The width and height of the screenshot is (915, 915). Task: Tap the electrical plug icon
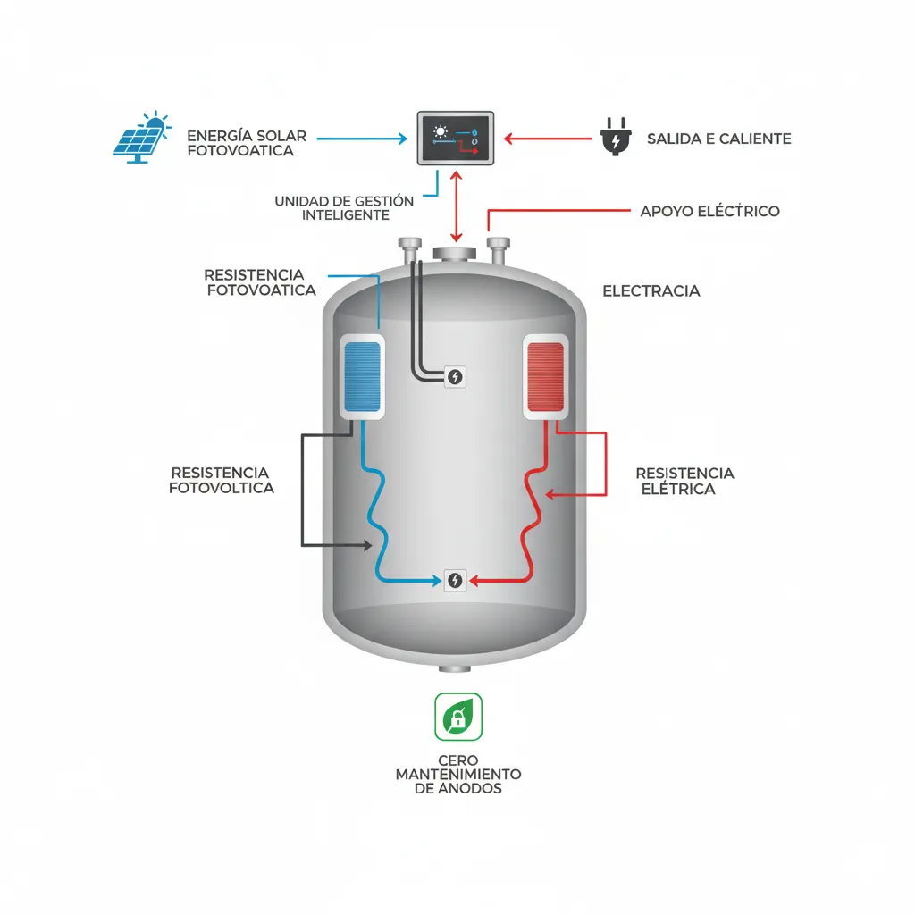click(x=615, y=139)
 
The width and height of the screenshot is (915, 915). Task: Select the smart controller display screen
click(x=456, y=139)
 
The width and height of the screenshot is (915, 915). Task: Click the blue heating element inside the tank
click(x=363, y=377)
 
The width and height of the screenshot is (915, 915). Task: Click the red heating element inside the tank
click(x=545, y=377)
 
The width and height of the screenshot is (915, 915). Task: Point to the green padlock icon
click(x=457, y=717)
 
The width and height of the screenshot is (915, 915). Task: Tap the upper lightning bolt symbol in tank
click(x=455, y=377)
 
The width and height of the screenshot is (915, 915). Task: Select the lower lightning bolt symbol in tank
click(x=455, y=580)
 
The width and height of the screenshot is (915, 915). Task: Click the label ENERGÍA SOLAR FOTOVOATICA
click(x=247, y=143)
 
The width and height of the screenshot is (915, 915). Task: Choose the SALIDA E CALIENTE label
click(x=718, y=139)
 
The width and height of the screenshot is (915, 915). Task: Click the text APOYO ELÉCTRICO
click(x=709, y=212)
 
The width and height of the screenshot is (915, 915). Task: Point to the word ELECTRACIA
click(x=651, y=291)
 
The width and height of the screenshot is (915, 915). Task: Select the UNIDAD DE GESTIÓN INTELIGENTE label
click(x=344, y=208)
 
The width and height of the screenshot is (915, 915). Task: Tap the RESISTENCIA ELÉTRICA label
click(x=684, y=481)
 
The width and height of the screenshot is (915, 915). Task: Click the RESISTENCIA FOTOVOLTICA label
click(x=221, y=480)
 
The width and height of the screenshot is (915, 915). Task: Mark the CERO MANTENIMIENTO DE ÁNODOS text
click(x=457, y=774)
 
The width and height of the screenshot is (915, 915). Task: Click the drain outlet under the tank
click(x=456, y=668)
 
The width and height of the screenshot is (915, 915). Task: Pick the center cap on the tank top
click(x=457, y=253)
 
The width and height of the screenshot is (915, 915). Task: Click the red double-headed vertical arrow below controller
click(x=457, y=207)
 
